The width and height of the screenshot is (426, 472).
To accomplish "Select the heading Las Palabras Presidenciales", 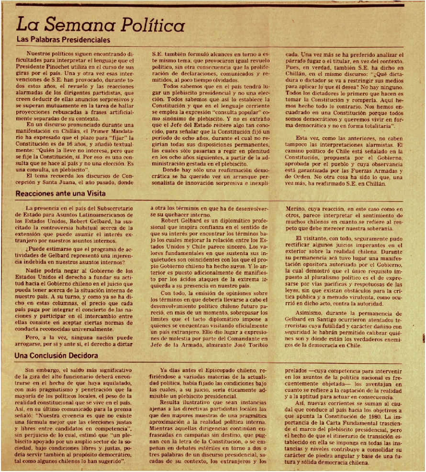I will click(x=63, y=40).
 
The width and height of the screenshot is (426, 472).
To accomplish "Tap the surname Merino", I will click(x=296, y=208).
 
